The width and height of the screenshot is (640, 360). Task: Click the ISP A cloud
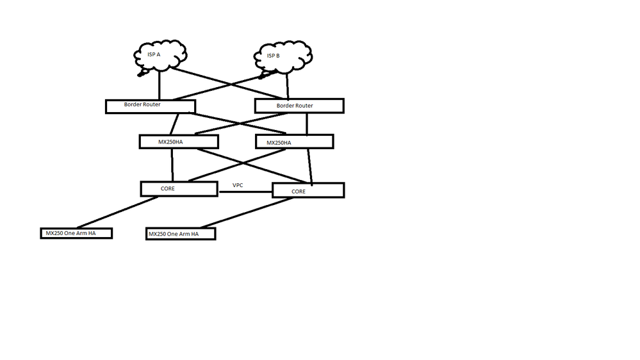coord(160,58)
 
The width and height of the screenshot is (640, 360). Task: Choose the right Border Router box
coord(299,106)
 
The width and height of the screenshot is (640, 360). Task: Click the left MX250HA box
coord(179,142)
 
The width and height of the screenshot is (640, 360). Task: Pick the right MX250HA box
coord(294,141)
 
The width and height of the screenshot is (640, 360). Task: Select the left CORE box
coord(179,188)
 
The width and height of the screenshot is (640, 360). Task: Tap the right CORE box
coord(308,190)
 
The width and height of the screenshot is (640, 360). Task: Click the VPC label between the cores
coord(238,185)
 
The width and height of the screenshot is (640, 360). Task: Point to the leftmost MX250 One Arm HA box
coord(76,233)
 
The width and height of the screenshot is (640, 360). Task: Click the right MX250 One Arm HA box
coord(180,234)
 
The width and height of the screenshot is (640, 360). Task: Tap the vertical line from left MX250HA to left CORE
coord(172,165)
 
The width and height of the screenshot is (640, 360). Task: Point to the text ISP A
coord(154,55)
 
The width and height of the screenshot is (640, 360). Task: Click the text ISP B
coord(274,56)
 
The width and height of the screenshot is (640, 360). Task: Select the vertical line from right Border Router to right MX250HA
coord(308,124)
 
